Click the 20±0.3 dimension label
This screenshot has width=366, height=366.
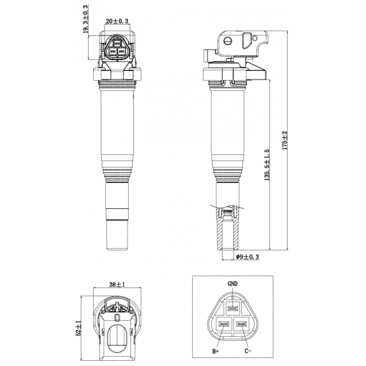[117, 21]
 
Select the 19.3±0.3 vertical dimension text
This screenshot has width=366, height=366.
[86, 19]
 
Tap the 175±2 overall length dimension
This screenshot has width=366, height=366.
[285, 140]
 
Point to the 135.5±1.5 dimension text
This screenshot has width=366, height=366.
[267, 165]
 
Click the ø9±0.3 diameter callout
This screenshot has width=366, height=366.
[247, 257]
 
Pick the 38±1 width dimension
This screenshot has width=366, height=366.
[117, 285]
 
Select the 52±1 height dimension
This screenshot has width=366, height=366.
[79, 328]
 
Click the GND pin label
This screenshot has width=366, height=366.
[232, 284]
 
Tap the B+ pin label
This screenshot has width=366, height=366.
[215, 351]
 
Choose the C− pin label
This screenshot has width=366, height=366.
[248, 351]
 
